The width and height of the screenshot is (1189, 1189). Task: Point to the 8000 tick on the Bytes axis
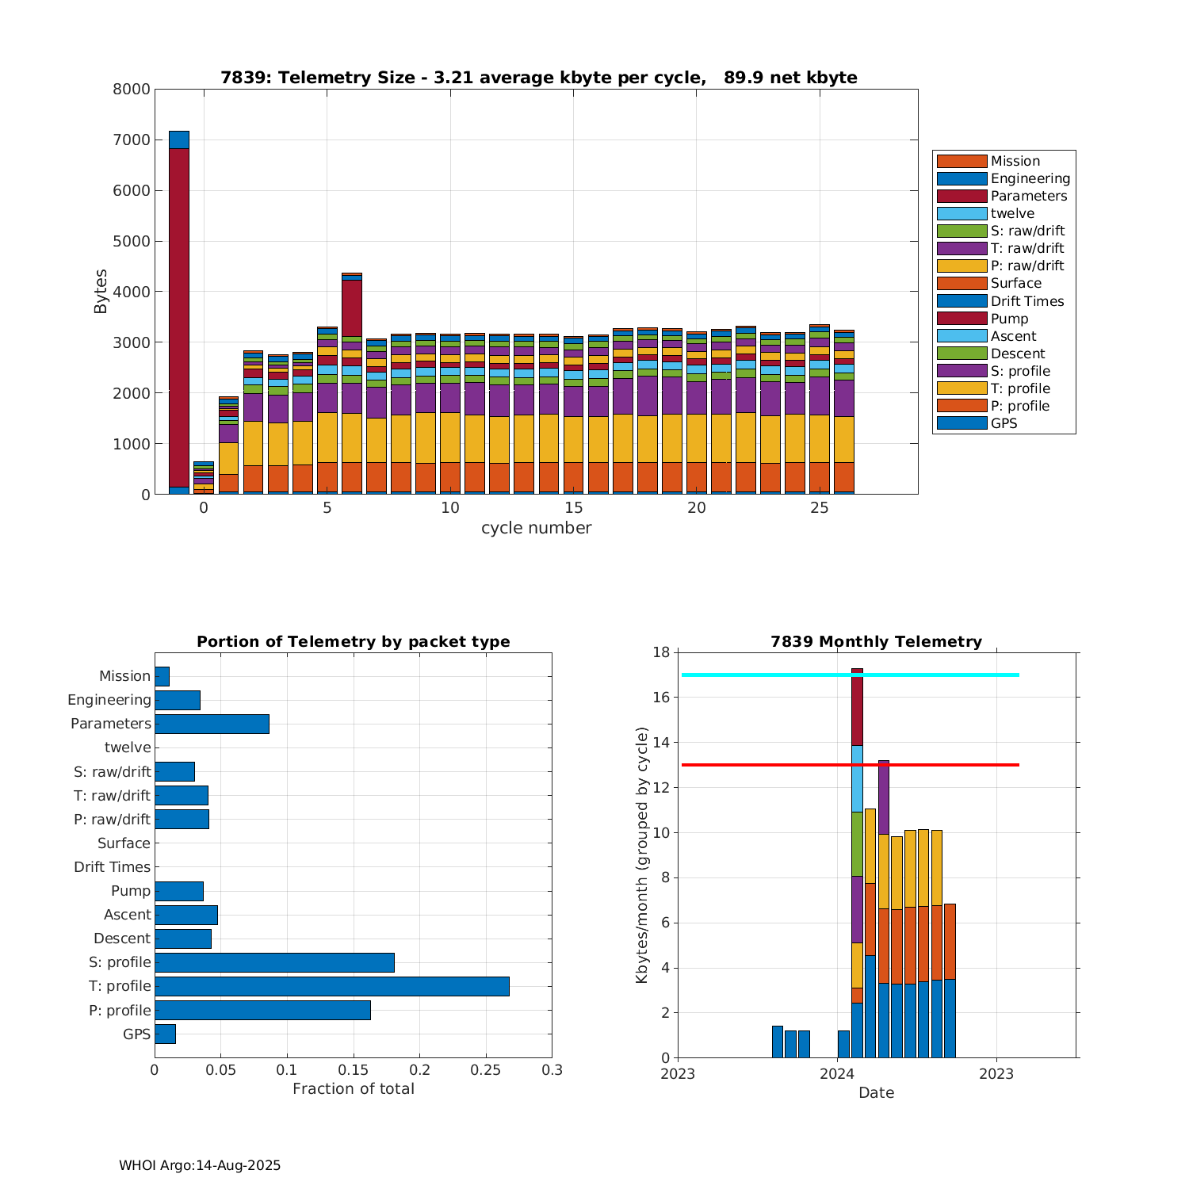point(132,90)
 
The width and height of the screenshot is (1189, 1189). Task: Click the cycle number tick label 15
point(573,508)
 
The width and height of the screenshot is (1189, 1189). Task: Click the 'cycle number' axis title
point(536,528)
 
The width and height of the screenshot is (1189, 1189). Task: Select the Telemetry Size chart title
point(538,78)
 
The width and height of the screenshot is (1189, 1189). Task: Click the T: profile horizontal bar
point(331,986)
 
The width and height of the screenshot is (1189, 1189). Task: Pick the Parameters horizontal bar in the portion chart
point(212,724)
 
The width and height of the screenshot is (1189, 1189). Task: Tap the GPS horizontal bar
point(165,1034)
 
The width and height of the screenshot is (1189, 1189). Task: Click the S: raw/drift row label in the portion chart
point(112,772)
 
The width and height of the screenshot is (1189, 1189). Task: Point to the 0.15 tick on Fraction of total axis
point(287,1070)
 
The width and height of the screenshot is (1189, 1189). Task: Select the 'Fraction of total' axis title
point(353,1089)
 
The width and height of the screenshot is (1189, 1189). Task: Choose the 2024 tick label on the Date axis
point(837,1075)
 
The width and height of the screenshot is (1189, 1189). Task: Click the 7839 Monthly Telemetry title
point(876,642)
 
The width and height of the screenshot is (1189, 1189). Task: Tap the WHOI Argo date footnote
point(200,1165)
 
